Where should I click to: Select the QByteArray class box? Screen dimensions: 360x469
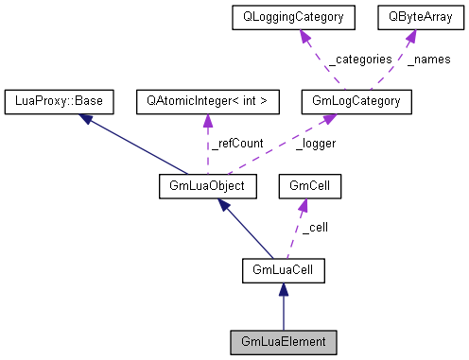(415, 16)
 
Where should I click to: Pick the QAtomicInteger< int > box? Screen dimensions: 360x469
(207, 99)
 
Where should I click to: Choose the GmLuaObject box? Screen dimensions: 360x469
(202, 185)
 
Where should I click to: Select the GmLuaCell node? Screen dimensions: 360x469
(284, 271)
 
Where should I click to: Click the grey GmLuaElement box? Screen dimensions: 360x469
(284, 340)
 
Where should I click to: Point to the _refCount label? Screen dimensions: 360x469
(234, 143)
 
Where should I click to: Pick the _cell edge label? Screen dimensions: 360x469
(315, 228)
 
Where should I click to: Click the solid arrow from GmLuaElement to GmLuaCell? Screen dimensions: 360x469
(284, 308)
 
